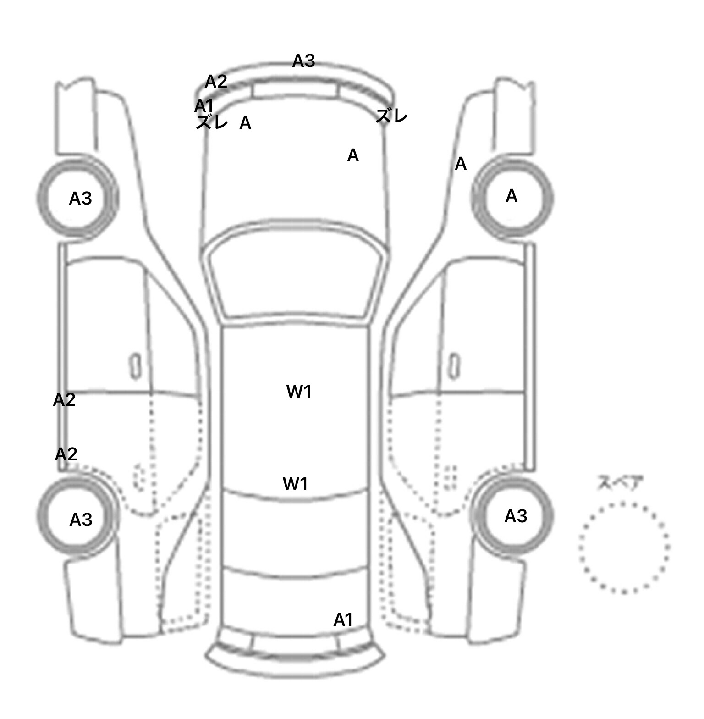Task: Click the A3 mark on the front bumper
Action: (x=303, y=61)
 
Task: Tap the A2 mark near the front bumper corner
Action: (x=216, y=82)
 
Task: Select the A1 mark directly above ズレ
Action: (x=204, y=106)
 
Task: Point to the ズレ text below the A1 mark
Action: (x=212, y=122)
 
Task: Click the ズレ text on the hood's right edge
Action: (x=391, y=116)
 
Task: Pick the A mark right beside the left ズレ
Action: (x=245, y=123)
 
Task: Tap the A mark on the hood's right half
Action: (x=352, y=156)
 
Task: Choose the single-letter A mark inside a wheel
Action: (x=511, y=196)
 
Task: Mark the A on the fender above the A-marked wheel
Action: (x=461, y=164)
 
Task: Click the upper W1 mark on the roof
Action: (x=299, y=392)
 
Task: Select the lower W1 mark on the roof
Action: (x=296, y=484)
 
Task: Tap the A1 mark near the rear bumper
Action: (x=343, y=620)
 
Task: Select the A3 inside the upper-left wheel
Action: (x=80, y=199)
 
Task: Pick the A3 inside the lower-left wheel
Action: (x=81, y=520)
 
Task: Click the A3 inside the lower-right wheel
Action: (x=516, y=516)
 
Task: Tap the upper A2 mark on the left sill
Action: (x=64, y=400)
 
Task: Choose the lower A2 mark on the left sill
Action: (x=66, y=454)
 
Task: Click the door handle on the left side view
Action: (x=135, y=366)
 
